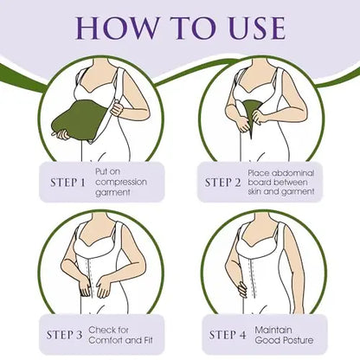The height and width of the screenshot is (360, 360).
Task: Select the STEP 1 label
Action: click(68, 183)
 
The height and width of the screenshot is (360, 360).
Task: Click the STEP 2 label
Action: click(222, 183)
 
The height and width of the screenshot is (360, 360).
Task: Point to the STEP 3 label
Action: click(64, 335)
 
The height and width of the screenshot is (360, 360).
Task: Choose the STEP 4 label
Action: click(228, 335)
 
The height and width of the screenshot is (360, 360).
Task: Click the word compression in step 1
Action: click(121, 183)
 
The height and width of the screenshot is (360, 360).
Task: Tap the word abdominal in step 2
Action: click(293, 173)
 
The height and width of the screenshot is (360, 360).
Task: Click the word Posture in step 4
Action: click(299, 340)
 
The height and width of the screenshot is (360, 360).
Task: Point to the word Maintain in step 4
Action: click(273, 330)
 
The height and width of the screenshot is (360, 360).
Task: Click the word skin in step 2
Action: click(254, 191)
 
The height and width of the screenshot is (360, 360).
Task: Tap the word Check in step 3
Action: click(100, 330)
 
